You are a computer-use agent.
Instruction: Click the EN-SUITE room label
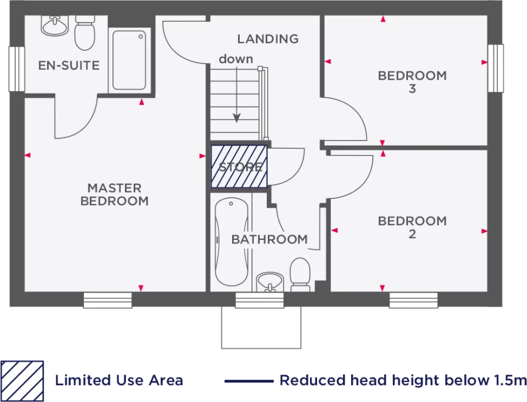69,66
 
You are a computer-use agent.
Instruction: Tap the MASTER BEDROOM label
114,195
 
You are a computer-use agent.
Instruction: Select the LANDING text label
267,39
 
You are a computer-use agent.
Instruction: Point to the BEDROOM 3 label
412,82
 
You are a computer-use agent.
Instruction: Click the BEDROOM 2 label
412,227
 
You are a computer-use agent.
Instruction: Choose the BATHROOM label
269,239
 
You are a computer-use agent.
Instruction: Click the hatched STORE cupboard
239,166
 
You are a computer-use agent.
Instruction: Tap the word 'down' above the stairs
236,59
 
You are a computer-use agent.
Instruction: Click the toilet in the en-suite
84,32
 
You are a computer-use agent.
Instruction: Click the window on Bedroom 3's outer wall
496,68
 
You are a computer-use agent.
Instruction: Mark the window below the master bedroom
107,300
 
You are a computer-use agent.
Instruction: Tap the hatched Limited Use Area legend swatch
22,380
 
